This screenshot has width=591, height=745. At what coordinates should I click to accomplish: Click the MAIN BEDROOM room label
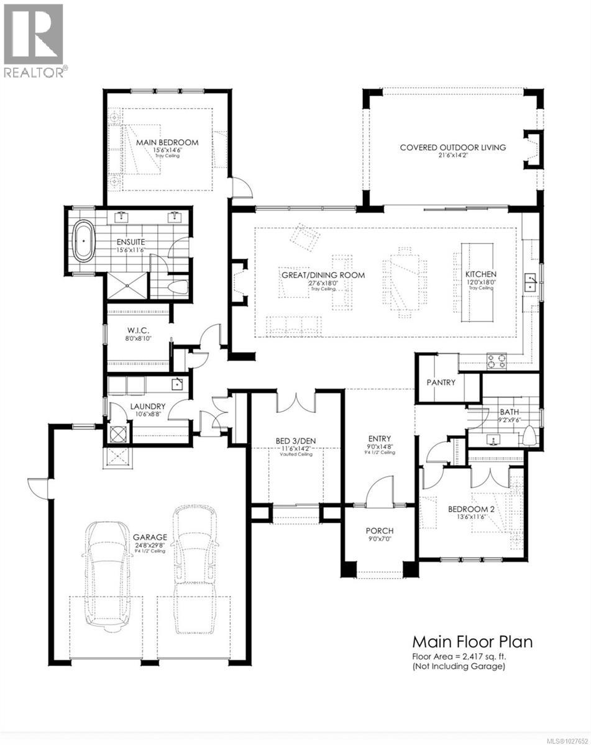[167, 143]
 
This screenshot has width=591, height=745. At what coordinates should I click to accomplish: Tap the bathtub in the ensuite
[83, 237]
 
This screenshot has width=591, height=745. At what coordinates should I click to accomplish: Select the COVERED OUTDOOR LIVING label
[452, 148]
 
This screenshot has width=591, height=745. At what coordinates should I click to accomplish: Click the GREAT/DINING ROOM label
[321, 275]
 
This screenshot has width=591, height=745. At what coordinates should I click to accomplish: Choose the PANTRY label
[441, 382]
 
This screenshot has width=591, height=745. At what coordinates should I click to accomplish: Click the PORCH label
[379, 531]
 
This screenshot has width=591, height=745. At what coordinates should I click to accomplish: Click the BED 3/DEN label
[296, 441]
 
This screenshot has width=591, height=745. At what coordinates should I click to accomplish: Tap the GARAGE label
[150, 538]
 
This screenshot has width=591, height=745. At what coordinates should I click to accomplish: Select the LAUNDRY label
[147, 407]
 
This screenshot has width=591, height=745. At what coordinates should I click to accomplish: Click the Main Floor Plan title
[472, 641]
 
